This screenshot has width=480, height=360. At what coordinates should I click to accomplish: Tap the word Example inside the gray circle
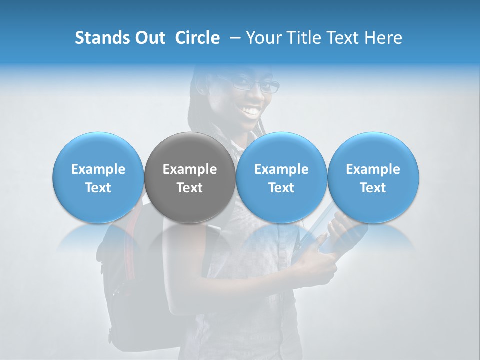point(190,169)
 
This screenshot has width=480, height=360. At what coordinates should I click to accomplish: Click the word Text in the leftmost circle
point(98,188)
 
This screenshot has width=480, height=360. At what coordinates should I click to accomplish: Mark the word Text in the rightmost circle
point(373,188)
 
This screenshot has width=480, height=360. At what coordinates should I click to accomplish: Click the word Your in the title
point(264,38)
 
